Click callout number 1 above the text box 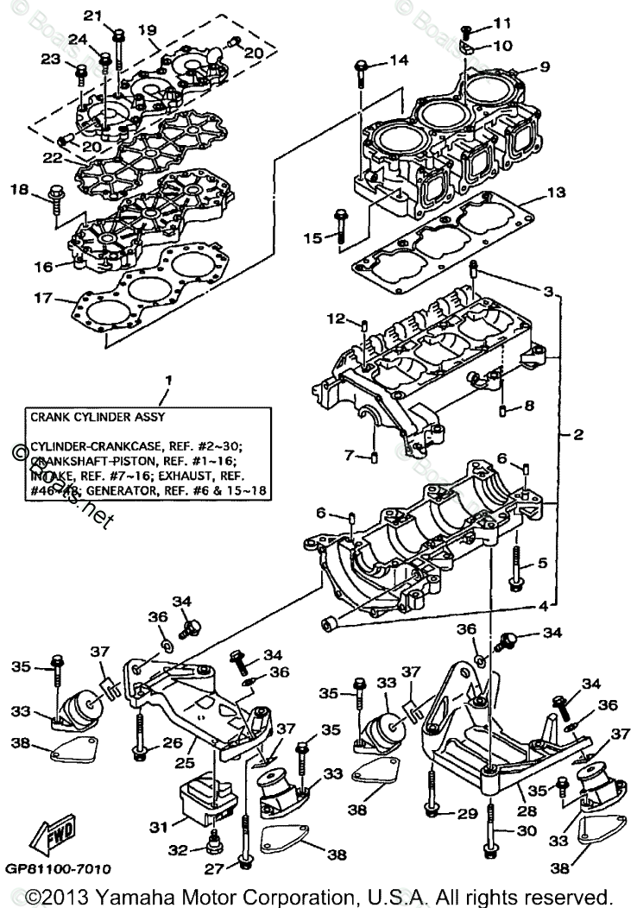(169, 380)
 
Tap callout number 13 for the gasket (556, 192)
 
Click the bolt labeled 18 (57, 196)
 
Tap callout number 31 (157, 826)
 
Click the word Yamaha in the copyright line (159, 894)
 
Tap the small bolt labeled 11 (465, 33)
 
